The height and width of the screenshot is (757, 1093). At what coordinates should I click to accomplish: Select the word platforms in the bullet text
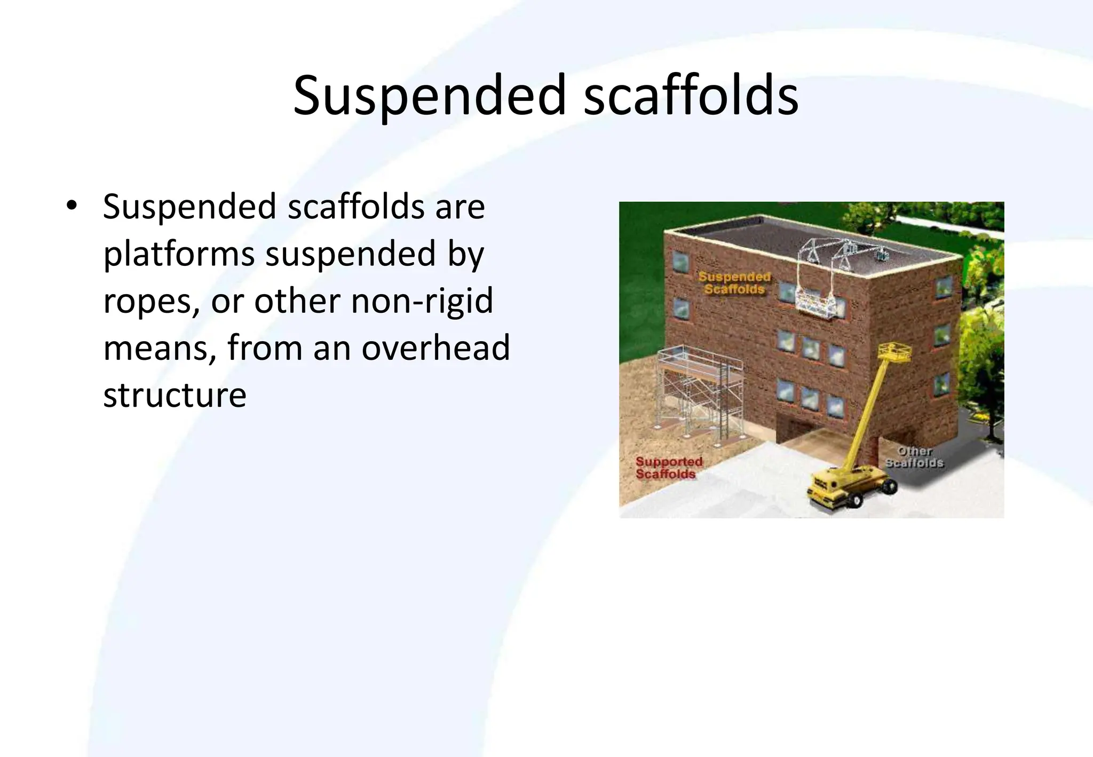(x=179, y=254)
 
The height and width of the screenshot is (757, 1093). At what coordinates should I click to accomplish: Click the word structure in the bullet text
(x=175, y=395)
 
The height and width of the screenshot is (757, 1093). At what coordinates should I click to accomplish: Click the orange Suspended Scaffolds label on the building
(x=734, y=283)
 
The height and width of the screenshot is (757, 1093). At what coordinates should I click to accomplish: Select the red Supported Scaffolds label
(x=669, y=468)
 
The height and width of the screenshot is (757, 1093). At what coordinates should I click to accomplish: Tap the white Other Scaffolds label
(x=914, y=458)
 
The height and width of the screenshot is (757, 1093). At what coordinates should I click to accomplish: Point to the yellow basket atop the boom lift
(x=894, y=353)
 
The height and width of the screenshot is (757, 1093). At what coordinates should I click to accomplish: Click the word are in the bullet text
(x=460, y=207)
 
